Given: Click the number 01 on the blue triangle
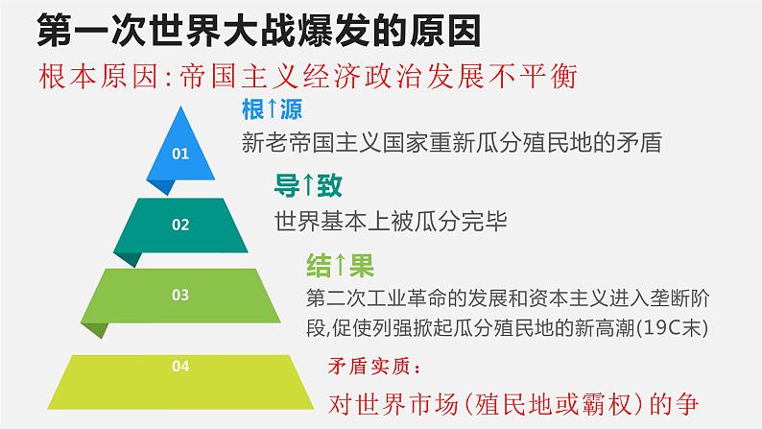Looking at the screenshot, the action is tap(180, 154).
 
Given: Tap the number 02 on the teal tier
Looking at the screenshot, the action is tap(180, 225).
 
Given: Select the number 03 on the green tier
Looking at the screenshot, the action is tap(180, 295).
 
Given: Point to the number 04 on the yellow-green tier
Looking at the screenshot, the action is tap(180, 366).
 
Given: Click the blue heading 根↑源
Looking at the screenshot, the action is tap(273, 109).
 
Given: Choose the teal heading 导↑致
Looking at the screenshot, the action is tap(308, 185).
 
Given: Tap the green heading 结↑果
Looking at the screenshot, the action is tap(340, 266).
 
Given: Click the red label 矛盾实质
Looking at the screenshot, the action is tap(369, 367).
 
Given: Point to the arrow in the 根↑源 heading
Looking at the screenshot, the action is tap(273, 109).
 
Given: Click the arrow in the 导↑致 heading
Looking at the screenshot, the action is tap(308, 185).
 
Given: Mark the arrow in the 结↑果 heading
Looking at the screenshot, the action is tap(340, 266).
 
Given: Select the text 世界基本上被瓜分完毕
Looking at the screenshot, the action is tap(392, 222).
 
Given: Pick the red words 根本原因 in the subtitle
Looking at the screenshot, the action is tap(99, 77).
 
